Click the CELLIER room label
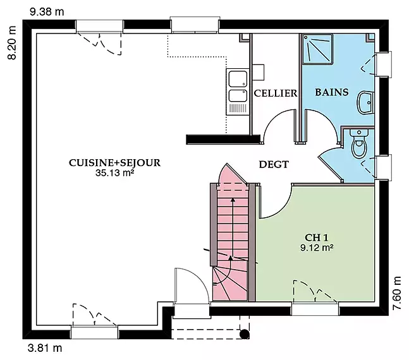[x=276, y=93]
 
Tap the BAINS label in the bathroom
[x=332, y=92]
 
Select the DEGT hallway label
[x=274, y=164]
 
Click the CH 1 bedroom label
[x=317, y=237]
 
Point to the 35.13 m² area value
[x=115, y=173]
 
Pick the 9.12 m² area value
[x=317, y=248]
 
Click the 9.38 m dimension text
[x=47, y=12]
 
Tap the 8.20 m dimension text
[x=12, y=43]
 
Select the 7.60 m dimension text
[x=397, y=293]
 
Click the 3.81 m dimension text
[x=45, y=348]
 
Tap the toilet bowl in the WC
[x=360, y=144]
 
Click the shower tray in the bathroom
[x=317, y=49]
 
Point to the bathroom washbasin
[x=365, y=102]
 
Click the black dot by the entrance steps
[x=245, y=334]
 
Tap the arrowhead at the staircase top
[x=233, y=200]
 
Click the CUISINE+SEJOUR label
[x=115, y=163]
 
